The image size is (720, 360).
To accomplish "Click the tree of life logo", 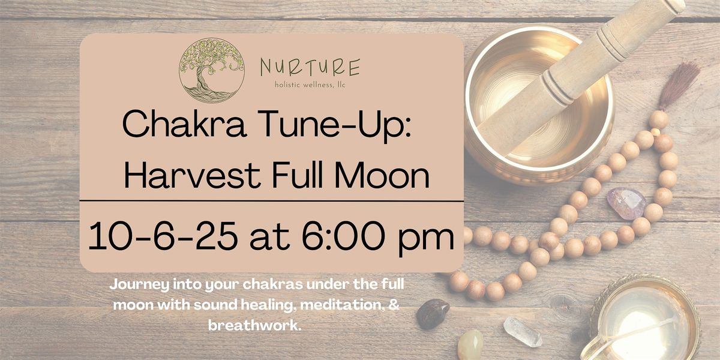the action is [x=211, y=70].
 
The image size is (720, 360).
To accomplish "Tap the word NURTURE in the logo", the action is [x=310, y=67].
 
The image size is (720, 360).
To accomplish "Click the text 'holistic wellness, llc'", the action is [x=310, y=85].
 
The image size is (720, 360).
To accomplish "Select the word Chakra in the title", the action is [x=185, y=124].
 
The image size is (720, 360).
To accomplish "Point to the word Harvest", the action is [x=192, y=175].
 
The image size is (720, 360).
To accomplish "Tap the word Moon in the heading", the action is [x=382, y=175].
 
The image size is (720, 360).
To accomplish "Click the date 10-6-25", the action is [x=163, y=236].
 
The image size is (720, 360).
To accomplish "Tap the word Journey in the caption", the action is [x=139, y=286].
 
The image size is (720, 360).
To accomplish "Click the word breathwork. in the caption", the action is [x=255, y=325].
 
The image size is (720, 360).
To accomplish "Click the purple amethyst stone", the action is [x=626, y=203].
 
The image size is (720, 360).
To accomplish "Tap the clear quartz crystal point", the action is [x=523, y=332].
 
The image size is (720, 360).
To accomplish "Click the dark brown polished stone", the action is [x=433, y=313].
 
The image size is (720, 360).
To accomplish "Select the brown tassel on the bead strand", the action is [x=678, y=86].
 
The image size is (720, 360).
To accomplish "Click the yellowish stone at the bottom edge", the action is [x=470, y=345].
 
